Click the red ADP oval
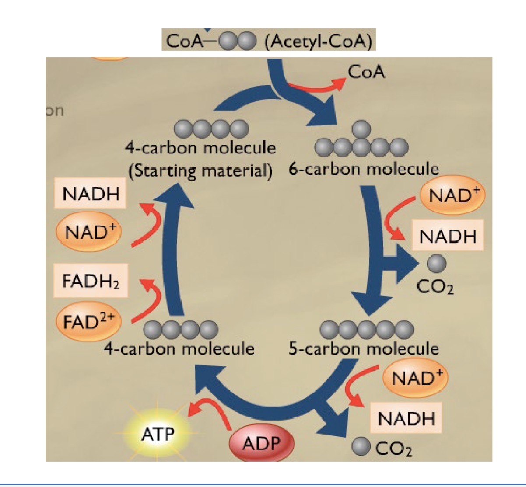(262, 443)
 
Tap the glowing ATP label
(158, 435)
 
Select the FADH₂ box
(91, 281)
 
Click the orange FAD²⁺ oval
(89, 321)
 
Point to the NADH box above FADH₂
(90, 194)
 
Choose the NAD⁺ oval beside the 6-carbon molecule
(452, 195)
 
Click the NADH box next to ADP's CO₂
(406, 418)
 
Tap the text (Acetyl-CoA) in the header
(319, 41)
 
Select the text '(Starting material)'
(200, 171)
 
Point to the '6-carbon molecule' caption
(363, 169)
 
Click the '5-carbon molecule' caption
(363, 348)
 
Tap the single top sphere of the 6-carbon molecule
(361, 129)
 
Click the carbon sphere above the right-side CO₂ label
(437, 263)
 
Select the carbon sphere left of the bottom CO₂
(361, 446)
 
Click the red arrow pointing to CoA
(318, 87)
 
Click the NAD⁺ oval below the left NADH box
(89, 232)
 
